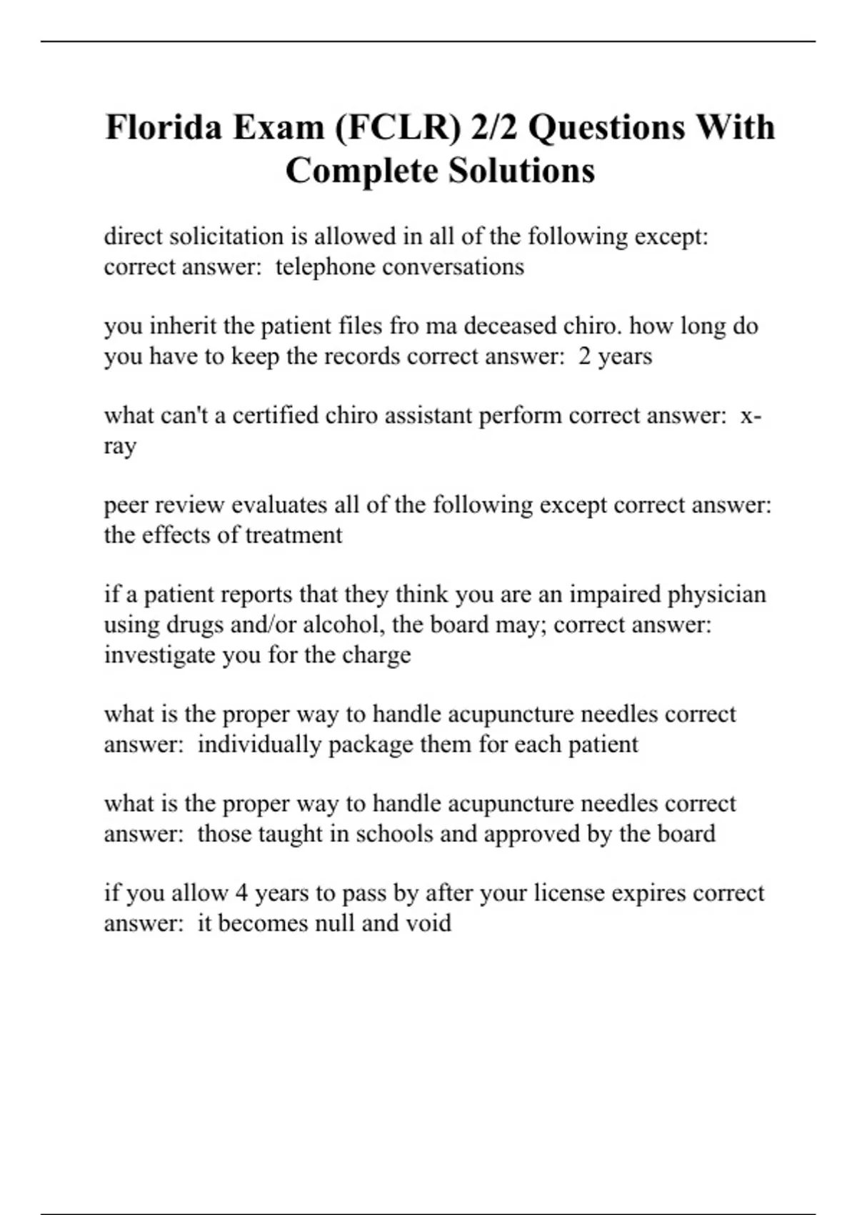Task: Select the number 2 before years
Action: [584, 356]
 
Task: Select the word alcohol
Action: [344, 625]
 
